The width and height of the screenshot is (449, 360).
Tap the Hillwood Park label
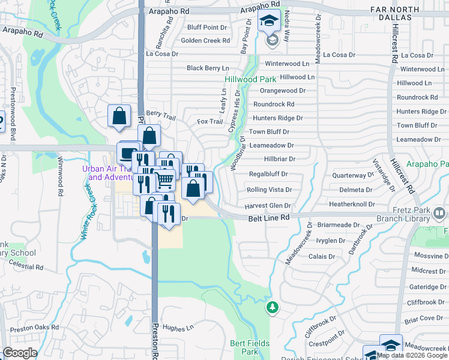point(250,79)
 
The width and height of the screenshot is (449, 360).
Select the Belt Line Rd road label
point(269,220)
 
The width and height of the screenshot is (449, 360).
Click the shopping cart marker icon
point(166,179)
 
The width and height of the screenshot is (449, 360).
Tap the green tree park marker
point(272,307)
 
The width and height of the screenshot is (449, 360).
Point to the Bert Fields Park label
point(251,347)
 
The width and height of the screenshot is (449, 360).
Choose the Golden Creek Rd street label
point(205,41)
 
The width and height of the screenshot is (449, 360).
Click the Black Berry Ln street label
point(208,68)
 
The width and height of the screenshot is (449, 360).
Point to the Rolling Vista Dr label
point(269,190)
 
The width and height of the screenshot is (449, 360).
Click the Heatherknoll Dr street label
point(354,204)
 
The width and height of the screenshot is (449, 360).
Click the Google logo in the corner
point(20,353)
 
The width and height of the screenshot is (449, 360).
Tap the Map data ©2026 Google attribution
point(412,355)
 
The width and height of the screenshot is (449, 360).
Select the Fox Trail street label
point(209,121)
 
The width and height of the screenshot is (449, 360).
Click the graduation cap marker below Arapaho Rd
point(269,22)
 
